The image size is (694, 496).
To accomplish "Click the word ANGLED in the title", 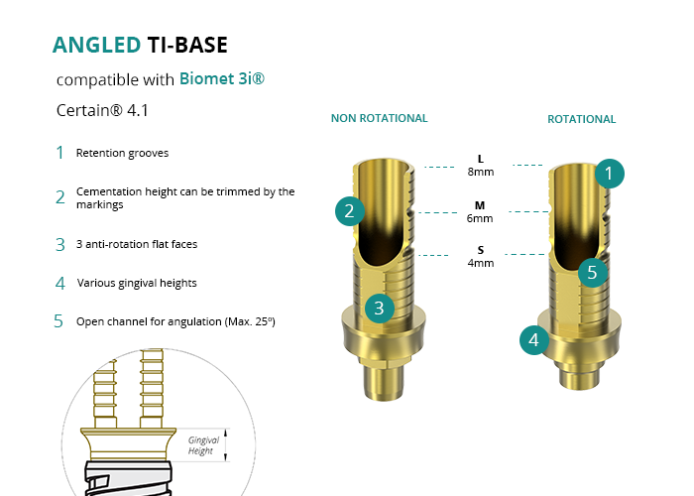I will [96, 45].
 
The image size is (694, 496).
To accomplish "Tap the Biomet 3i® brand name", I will [222, 78].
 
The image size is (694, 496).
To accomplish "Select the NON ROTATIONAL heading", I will [379, 118].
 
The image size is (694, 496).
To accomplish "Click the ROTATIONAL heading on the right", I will [581, 119].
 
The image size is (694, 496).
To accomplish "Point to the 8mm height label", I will [481, 172].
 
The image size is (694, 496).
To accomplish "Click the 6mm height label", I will [481, 217].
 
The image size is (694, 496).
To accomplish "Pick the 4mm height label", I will [481, 263].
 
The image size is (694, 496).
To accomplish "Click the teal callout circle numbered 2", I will [349, 210].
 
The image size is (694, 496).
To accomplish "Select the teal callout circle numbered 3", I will [379, 308].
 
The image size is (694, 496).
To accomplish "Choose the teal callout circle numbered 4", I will [534, 340].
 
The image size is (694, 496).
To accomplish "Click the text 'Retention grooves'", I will [122, 153].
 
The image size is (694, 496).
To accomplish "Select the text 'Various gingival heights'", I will [137, 283].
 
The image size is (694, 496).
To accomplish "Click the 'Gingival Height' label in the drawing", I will [203, 445].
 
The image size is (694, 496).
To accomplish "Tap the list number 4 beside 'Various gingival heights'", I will [59, 283].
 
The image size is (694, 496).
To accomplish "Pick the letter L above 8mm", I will [481, 159].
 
